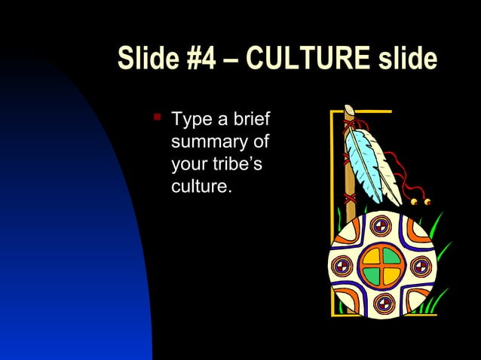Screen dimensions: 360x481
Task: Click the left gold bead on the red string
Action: click(x=414, y=202)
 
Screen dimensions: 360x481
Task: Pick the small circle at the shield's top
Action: click(x=381, y=225)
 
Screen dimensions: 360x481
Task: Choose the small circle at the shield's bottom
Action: click(x=384, y=304)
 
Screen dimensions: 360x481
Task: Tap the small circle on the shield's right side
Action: click(x=420, y=266)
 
